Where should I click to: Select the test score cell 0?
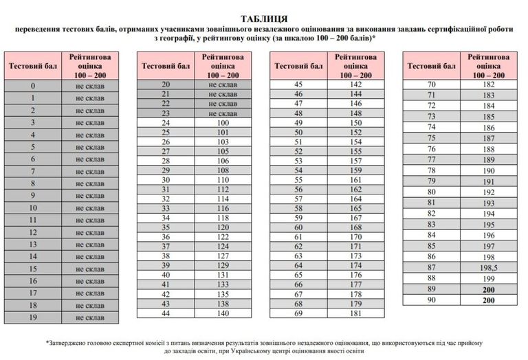(32, 86)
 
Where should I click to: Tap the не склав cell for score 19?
(89, 317)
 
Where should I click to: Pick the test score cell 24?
(165, 122)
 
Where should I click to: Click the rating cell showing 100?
(222, 122)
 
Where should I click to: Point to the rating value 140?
(222, 313)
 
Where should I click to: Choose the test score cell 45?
(298, 84)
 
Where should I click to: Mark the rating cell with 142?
(355, 84)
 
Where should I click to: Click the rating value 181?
(355, 313)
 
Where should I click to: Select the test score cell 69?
(298, 313)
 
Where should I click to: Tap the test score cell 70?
(432, 84)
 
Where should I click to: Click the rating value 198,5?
(489, 267)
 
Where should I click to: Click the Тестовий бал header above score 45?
(298, 65)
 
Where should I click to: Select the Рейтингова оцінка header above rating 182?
(489, 65)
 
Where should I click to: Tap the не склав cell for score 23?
(222, 113)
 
